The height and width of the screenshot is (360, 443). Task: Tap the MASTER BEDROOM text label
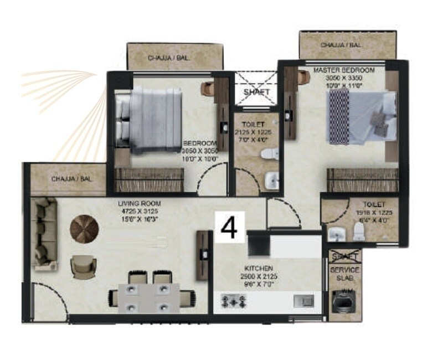(344, 70)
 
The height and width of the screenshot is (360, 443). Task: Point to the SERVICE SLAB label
(344, 274)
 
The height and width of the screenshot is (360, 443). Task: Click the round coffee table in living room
(85, 227)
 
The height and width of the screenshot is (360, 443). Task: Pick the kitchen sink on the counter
(303, 301)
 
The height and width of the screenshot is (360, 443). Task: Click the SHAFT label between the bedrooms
(256, 91)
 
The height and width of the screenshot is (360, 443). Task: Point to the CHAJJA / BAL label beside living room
(71, 179)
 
